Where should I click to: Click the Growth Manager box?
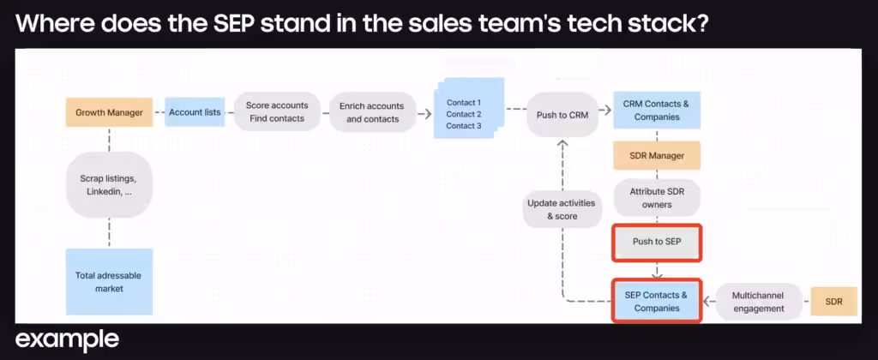108,112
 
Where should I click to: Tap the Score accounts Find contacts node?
277,112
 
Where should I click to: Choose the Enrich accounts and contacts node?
372,112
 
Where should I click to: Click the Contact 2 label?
464,114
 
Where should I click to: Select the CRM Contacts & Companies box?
657,110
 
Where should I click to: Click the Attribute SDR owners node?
657,198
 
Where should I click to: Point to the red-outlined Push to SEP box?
657,242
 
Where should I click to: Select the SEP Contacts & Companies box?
657,301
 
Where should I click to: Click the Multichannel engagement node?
758,301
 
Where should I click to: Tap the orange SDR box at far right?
835,301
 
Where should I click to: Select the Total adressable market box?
109,282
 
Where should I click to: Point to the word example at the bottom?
67,339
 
